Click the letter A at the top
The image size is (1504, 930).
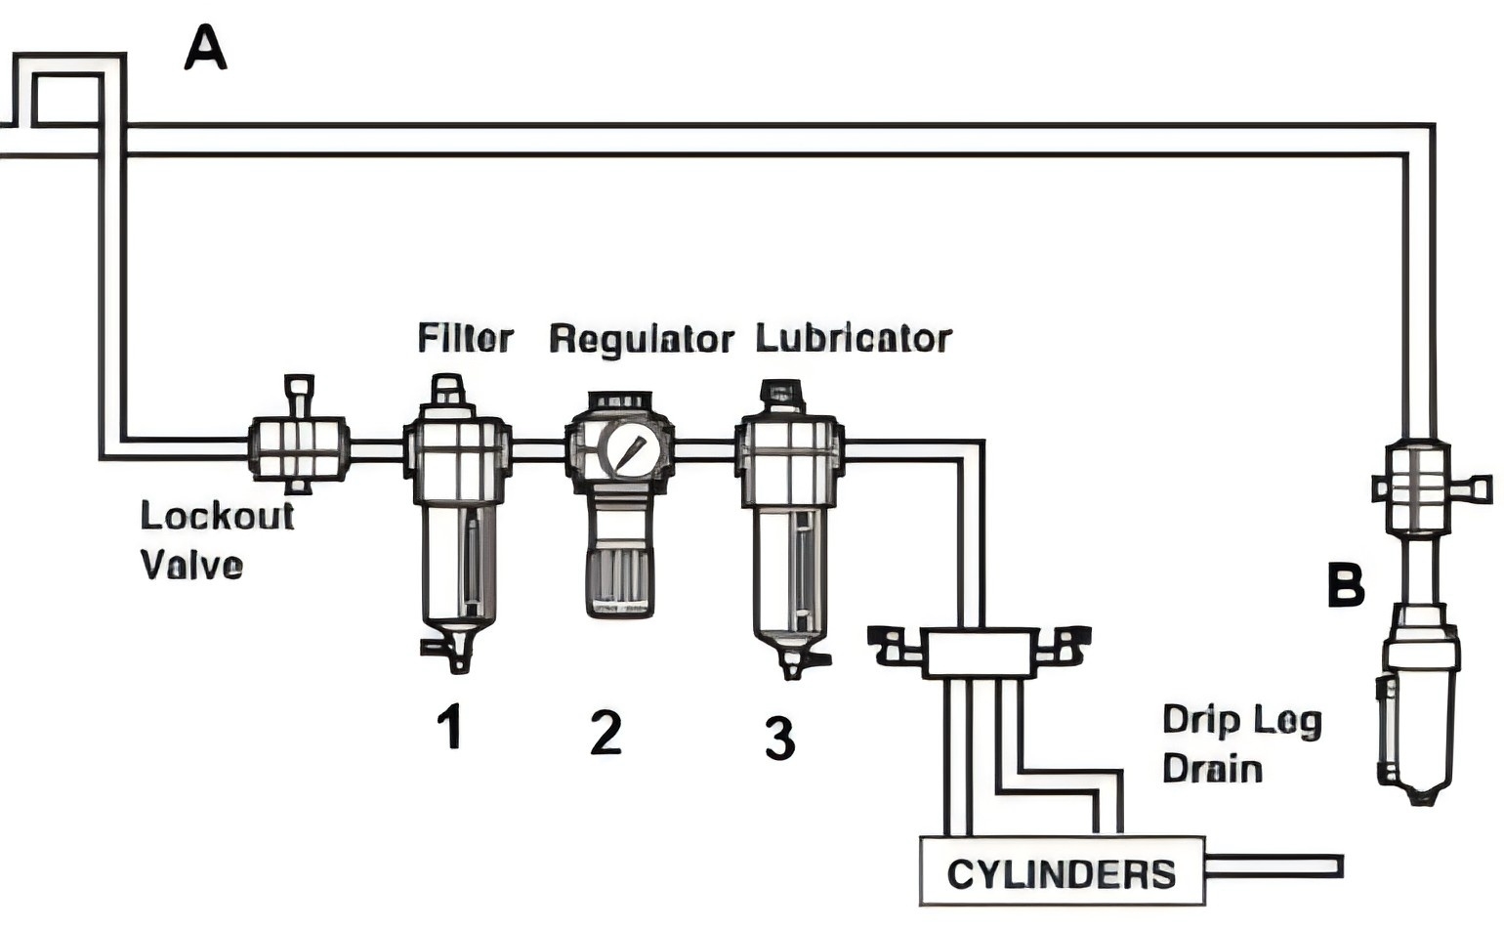(205, 49)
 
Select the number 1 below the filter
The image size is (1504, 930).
(449, 727)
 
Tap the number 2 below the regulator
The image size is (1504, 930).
(606, 732)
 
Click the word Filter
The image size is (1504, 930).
(465, 338)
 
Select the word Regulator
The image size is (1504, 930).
(641, 339)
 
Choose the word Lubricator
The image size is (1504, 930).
(853, 338)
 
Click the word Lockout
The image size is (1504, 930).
(217, 515)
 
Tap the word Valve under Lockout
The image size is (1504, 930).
(191, 565)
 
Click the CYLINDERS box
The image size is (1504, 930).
(1062, 872)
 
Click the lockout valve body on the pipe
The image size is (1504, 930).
(298, 447)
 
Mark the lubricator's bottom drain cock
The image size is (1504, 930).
(796, 662)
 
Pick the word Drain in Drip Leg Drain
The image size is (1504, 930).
(1212, 768)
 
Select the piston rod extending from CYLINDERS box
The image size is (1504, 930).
(1274, 867)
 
